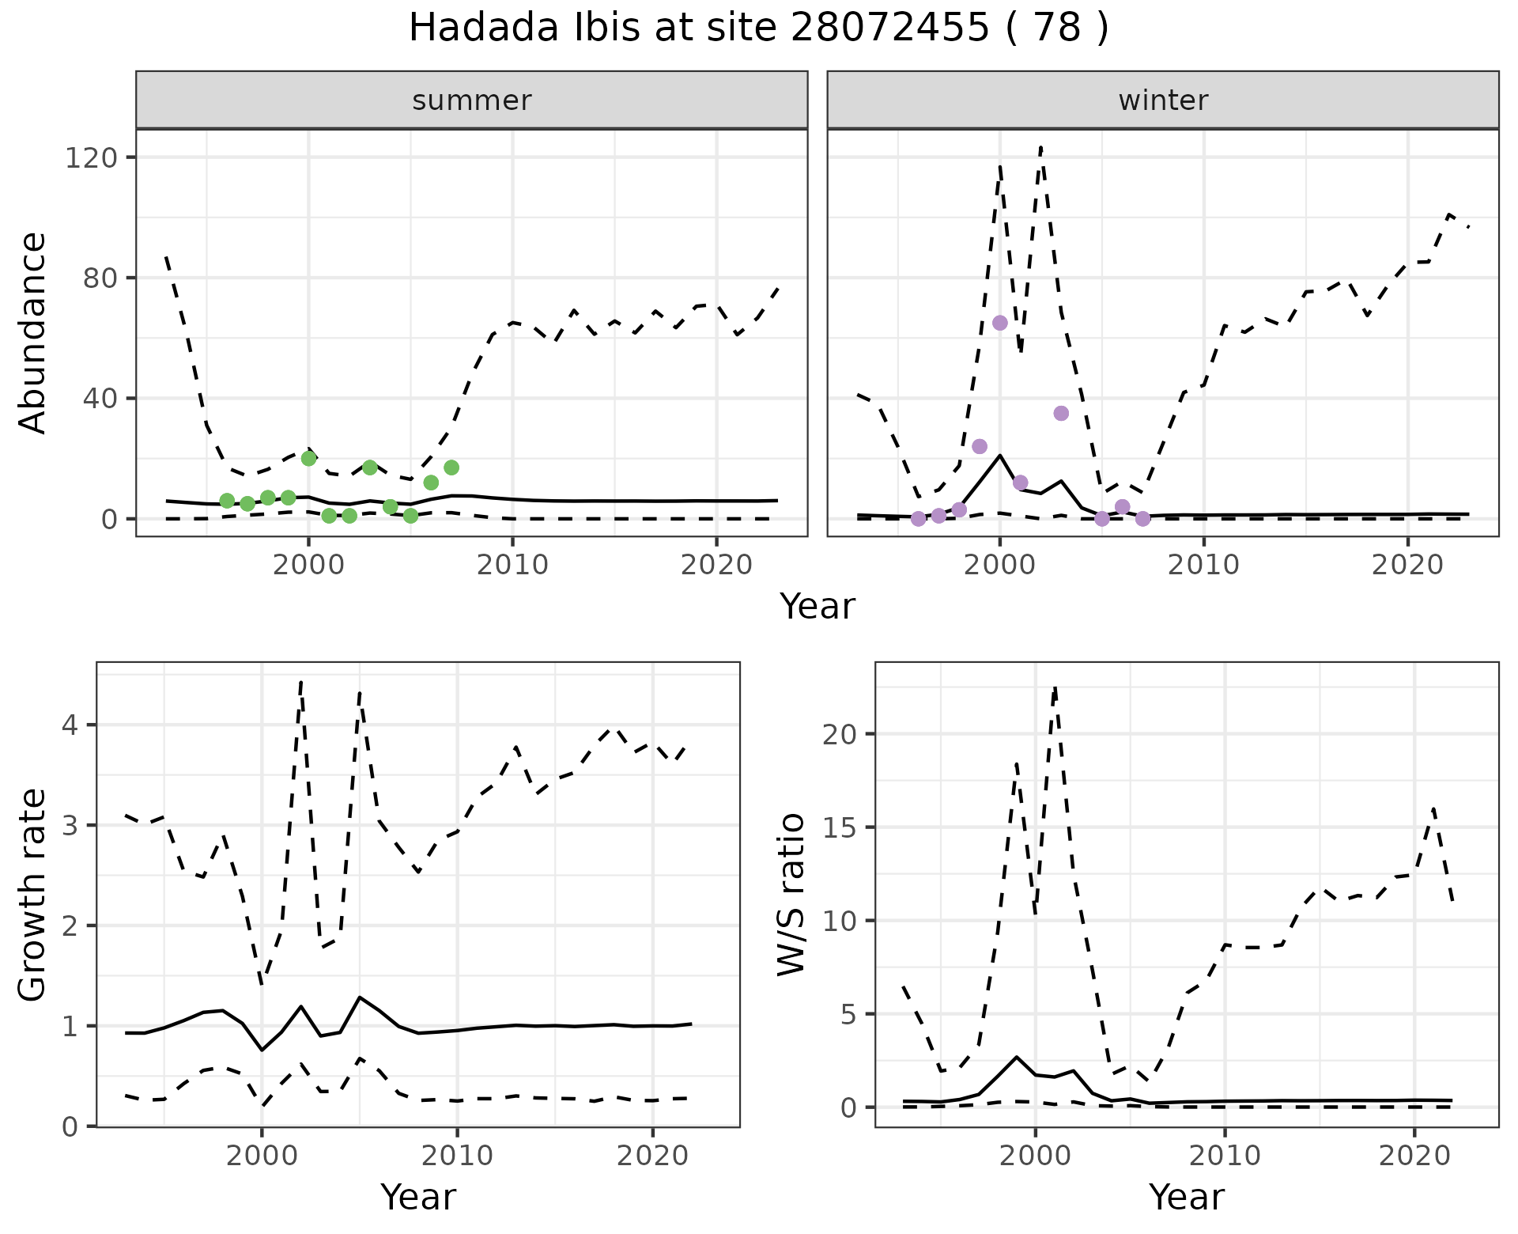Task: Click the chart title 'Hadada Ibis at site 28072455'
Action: [757, 28]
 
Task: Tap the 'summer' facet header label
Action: [472, 100]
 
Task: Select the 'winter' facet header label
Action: [1163, 100]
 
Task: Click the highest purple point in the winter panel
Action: [1000, 323]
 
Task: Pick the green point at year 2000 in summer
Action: [309, 458]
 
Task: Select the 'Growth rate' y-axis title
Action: [32, 895]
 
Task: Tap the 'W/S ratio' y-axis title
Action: [791, 895]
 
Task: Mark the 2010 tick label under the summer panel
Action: [512, 566]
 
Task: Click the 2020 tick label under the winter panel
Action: [1407, 566]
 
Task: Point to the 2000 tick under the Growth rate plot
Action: [262, 1156]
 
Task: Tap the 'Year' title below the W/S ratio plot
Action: [1186, 1197]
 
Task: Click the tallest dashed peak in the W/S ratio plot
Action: [1055, 688]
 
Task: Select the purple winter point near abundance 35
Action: [1061, 413]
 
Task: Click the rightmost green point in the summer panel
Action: [451, 467]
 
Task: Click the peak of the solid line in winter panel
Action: [1000, 455]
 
